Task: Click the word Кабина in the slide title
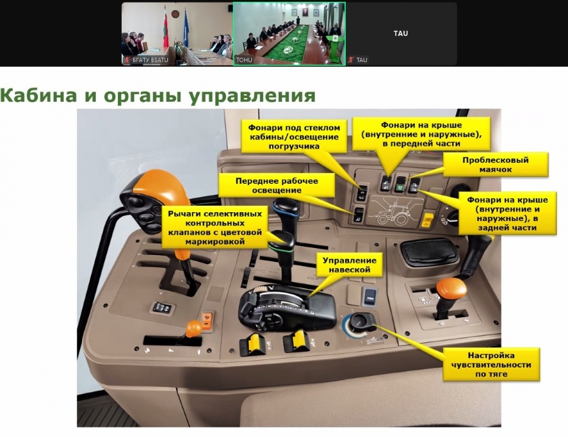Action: (x=38, y=95)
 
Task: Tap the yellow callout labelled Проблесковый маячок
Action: (x=495, y=165)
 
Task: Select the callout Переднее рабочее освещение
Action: (x=276, y=185)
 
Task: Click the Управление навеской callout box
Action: (x=345, y=265)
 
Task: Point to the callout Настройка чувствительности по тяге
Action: (x=491, y=364)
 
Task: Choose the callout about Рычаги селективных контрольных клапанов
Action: (x=215, y=227)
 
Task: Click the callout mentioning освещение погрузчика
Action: (x=293, y=136)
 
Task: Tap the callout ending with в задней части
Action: (x=507, y=213)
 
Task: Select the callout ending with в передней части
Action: (x=422, y=134)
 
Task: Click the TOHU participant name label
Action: (x=244, y=60)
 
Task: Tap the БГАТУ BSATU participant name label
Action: (x=150, y=60)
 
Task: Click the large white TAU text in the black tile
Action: (x=401, y=33)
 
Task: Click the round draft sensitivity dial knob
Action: (x=360, y=322)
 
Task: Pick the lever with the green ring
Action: (x=283, y=241)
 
